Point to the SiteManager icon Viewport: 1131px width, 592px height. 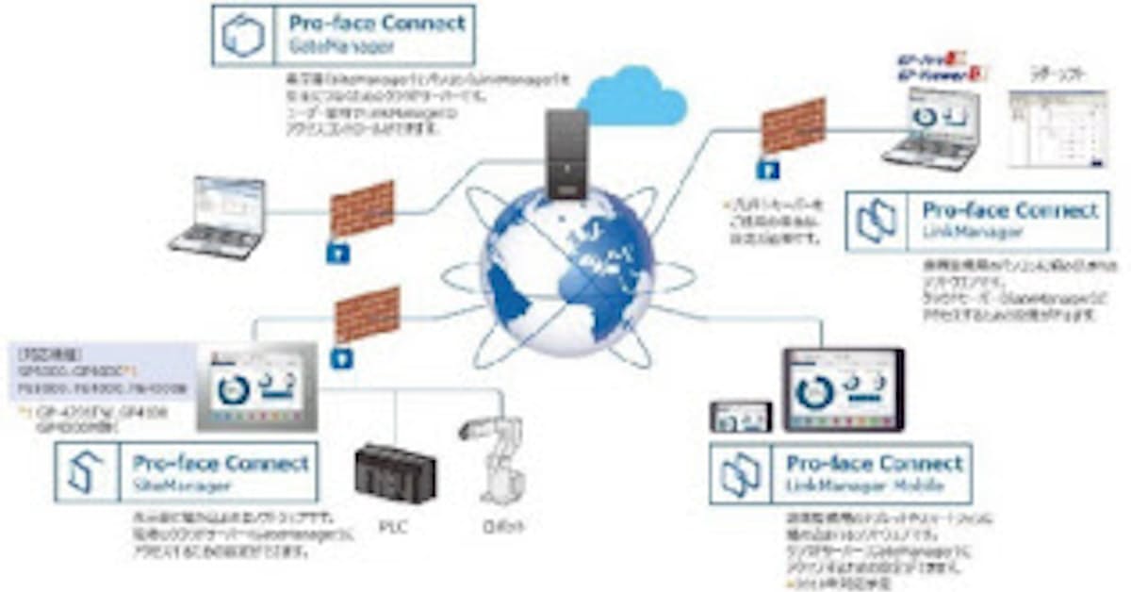click(82, 472)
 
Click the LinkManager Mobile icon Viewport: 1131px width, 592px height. click(740, 474)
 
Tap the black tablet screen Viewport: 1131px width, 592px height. click(843, 389)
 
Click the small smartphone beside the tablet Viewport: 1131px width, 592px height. click(741, 417)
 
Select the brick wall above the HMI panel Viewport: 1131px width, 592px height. click(368, 316)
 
